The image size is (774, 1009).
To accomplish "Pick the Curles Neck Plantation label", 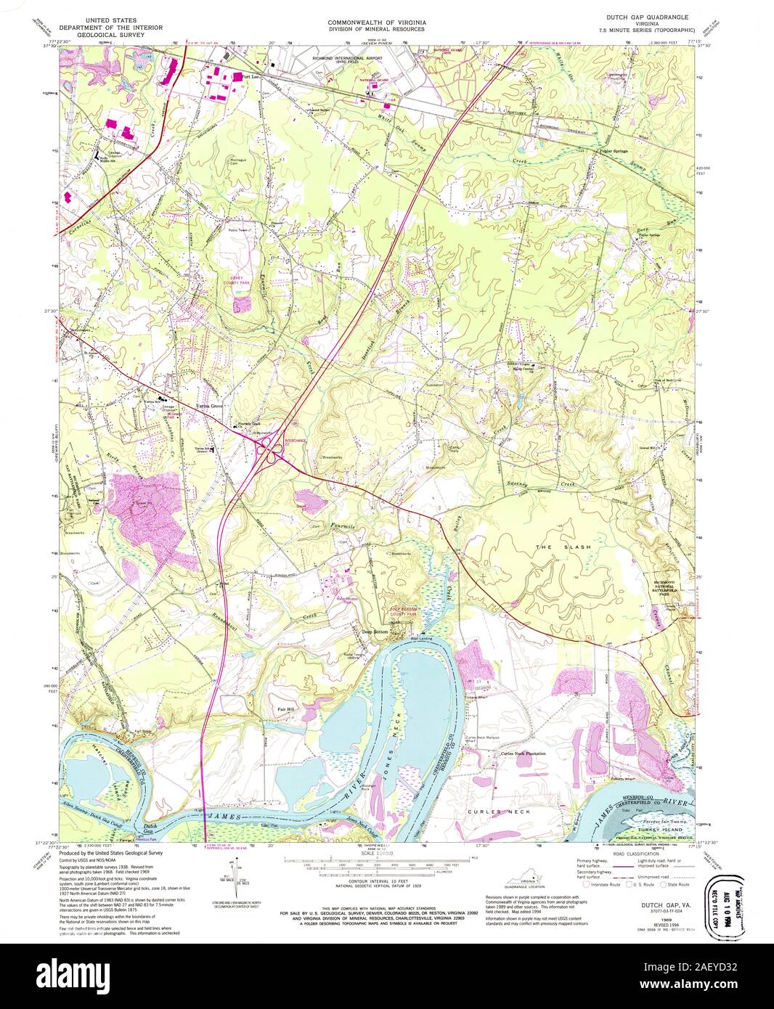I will (x=523, y=753).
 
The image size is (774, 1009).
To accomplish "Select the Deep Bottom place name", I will (x=376, y=632).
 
